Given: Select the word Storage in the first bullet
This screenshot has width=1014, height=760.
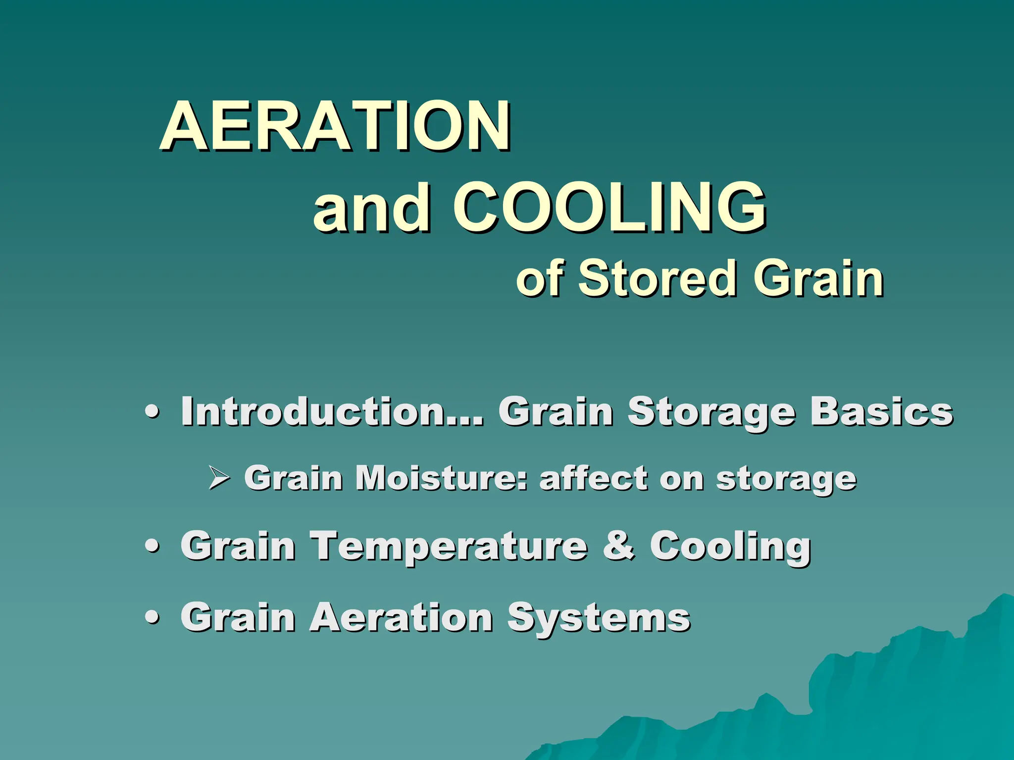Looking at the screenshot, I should (x=711, y=412).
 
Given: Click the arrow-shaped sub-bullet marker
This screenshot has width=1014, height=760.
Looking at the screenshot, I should (x=218, y=478).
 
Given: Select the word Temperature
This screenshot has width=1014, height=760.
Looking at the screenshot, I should (x=449, y=546).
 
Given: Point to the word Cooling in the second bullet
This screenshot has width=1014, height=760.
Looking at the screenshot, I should (x=730, y=546).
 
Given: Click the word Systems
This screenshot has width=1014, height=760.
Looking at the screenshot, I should (x=598, y=618).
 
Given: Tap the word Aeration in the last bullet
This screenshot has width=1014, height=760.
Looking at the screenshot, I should (x=401, y=617).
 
